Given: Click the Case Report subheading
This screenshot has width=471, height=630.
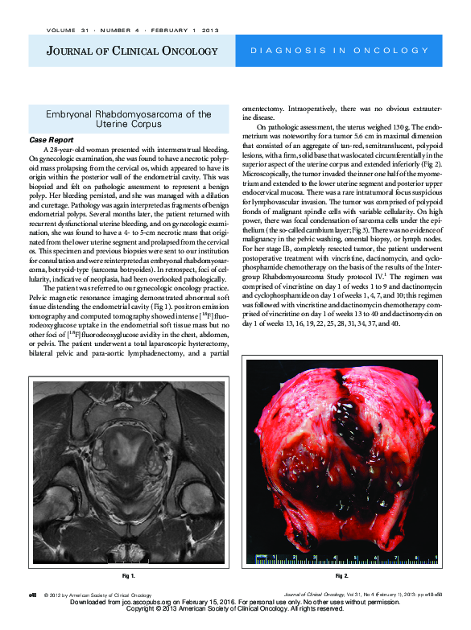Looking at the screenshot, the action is click(50, 139).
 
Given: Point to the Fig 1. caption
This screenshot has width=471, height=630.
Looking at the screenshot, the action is click(127, 577).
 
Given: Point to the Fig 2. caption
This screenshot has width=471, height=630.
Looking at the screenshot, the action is click(341, 577).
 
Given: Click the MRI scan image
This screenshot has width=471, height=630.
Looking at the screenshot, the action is click(127, 473).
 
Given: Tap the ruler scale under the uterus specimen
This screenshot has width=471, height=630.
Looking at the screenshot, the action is click(346, 557).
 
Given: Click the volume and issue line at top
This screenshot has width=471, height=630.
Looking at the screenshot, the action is click(121, 31).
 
